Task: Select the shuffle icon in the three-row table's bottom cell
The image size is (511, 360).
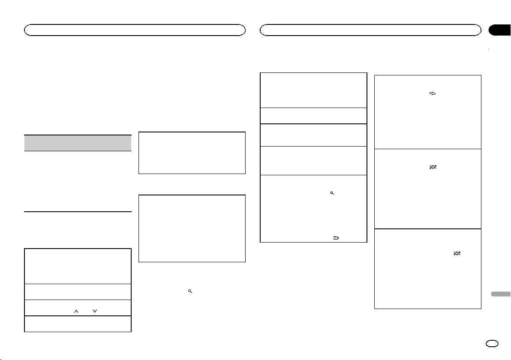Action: point(457,254)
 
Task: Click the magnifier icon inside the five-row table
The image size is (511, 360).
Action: point(332,194)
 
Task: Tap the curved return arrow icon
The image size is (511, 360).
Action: point(336,237)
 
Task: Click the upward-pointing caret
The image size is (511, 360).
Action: point(76,312)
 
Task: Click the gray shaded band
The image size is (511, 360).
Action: point(77,143)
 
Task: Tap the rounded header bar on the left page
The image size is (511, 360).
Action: point(135,30)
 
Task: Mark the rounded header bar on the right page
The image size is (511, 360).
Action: point(371,30)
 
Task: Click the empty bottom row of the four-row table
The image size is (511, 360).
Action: point(77,324)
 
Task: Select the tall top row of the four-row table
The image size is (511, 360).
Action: point(77,266)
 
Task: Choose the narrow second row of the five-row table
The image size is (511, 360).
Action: point(314,116)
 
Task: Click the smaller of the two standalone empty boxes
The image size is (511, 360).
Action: point(192,153)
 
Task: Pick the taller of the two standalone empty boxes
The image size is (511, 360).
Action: point(192,228)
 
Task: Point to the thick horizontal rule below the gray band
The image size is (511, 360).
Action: point(77,211)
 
